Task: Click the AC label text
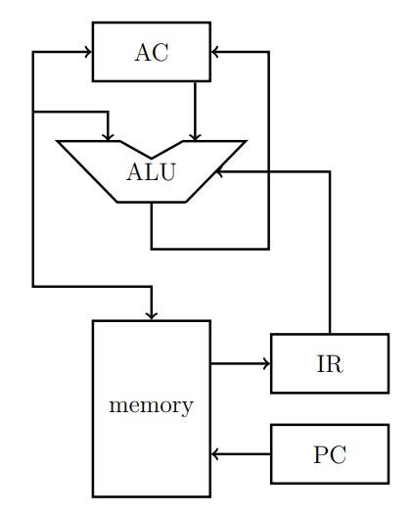pos(152,52)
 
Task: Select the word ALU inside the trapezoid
pos(152,172)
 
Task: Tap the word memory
pos(152,405)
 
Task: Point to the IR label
pos(330,364)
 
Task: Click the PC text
pos(330,454)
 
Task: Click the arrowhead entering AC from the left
pos(87,52)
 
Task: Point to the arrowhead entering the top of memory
pos(152,314)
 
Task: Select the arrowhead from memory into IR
pos(265,364)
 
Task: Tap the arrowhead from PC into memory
pos(216,454)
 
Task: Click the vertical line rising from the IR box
pos(330,255)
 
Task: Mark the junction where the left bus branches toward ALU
pos(33,113)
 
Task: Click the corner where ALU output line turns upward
pos(269,249)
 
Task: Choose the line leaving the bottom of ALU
pos(152,225)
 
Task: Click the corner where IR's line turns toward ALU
pos(330,171)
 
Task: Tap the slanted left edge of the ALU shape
pos(88,172)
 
